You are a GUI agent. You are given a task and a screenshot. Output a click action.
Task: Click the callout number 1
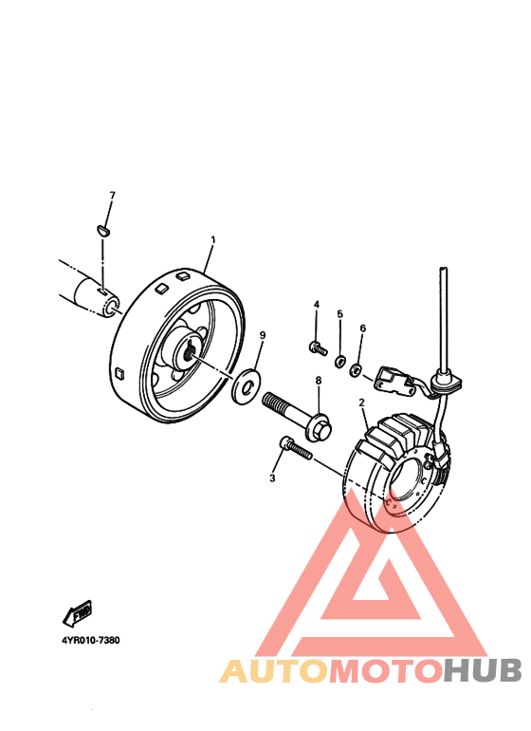tap(213, 240)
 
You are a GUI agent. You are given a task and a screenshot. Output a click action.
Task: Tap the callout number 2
tap(362, 403)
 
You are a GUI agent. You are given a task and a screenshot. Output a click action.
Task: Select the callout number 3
tap(272, 478)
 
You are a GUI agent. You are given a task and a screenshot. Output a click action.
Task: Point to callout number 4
tap(317, 304)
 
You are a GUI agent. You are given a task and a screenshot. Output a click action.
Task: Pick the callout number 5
tap(339, 313)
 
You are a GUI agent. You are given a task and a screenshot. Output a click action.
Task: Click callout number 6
tap(362, 328)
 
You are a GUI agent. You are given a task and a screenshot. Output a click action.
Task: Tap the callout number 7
tap(112, 196)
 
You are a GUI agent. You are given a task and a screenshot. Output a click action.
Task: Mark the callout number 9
tap(263, 335)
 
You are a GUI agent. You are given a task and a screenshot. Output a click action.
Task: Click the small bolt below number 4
tap(319, 348)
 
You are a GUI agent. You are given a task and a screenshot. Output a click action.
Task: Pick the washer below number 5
tap(339, 361)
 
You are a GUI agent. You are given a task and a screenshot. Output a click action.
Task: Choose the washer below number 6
tap(357, 368)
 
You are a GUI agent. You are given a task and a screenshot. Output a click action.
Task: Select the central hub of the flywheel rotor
tap(191, 349)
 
